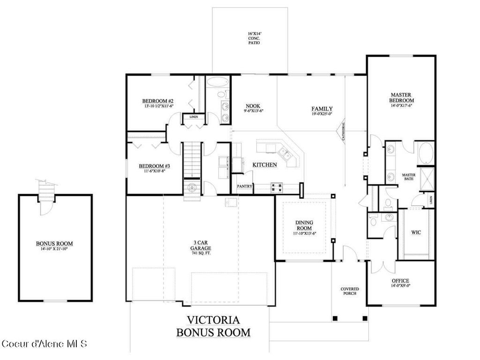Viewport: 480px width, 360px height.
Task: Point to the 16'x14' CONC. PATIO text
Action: click(254, 38)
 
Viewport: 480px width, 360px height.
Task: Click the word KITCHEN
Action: click(264, 165)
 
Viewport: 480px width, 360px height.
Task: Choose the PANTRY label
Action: click(244, 186)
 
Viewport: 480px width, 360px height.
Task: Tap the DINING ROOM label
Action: click(304, 225)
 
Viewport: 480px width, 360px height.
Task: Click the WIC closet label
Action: click(416, 232)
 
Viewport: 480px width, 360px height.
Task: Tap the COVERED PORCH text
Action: click(349, 291)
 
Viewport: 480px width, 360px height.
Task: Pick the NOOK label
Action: click(254, 108)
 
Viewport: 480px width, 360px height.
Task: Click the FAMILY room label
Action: click(322, 111)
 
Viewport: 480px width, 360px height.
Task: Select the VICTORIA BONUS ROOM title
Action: click(213, 326)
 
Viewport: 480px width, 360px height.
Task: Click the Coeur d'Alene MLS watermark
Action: click(45, 344)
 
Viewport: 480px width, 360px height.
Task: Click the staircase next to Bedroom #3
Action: click(191, 159)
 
